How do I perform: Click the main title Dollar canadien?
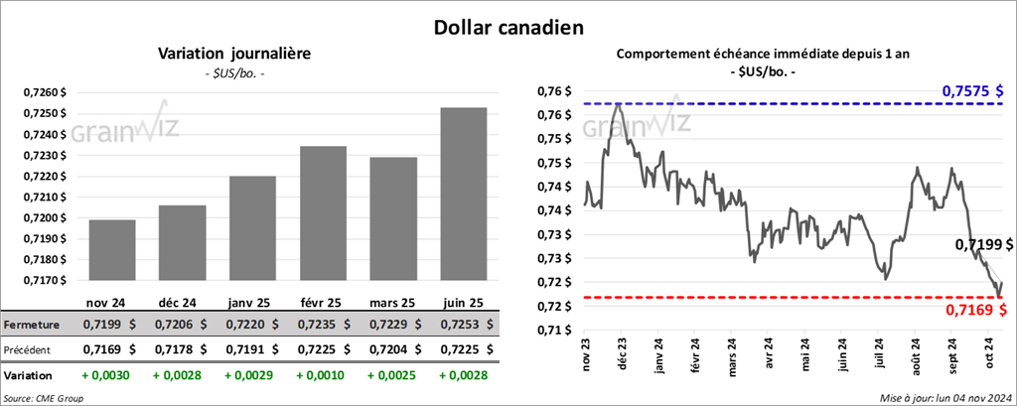pos(508,25)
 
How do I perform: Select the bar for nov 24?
pos(111,250)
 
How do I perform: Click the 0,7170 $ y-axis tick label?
pos(44,280)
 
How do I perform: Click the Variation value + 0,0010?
pos(319,377)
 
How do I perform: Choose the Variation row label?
pos(27,377)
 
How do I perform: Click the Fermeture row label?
pos(30,325)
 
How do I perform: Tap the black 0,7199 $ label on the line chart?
pos(984,244)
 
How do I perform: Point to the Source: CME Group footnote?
pos(44,398)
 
